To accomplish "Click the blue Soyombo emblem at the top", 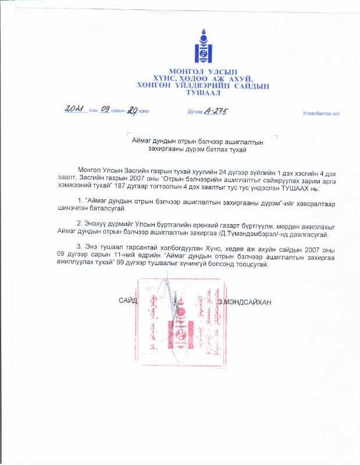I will click(x=201, y=47).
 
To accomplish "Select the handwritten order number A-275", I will click(x=215, y=110).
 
